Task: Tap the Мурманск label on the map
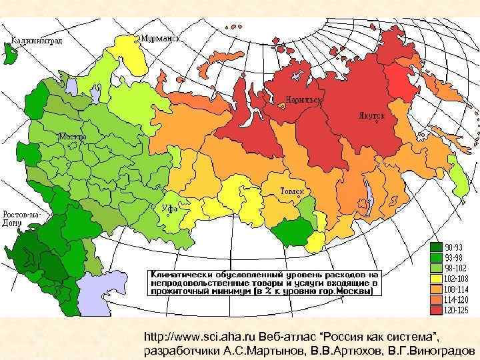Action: point(160,39)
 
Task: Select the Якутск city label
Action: point(370,115)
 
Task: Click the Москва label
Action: point(72,137)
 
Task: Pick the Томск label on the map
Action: point(292,192)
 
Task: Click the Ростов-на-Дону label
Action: point(22,219)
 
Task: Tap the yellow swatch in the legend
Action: point(435,279)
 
